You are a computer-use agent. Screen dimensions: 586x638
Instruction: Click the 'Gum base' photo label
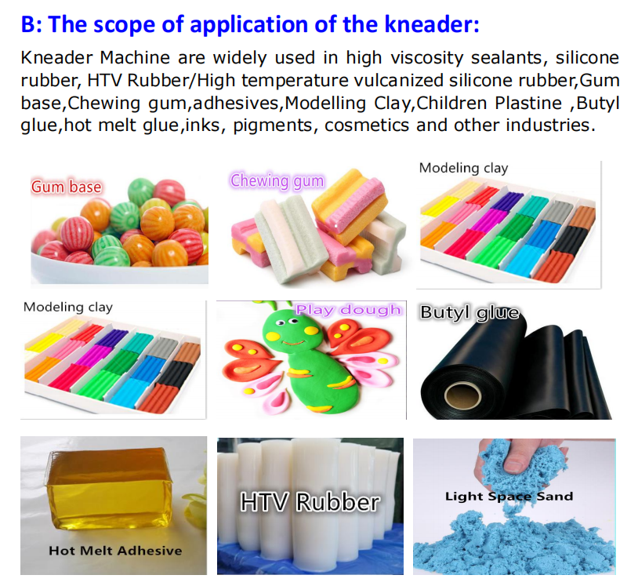66,187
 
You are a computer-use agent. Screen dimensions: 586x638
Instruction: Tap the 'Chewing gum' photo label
277,181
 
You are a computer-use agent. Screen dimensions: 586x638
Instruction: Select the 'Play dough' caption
349,310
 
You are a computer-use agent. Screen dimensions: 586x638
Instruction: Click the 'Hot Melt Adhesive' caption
115,550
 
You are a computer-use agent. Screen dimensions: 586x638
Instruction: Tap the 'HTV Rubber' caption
310,501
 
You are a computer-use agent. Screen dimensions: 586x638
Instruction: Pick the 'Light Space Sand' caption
509,496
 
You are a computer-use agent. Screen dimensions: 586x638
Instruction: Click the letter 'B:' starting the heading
30,24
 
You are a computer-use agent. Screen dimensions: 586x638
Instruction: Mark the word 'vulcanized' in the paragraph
396,81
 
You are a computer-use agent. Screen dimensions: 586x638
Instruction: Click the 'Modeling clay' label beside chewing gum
463,168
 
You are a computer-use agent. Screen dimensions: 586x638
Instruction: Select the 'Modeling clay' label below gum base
67,307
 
